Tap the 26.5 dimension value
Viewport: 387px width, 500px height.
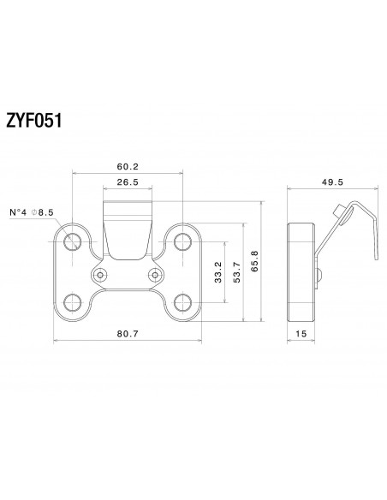128,183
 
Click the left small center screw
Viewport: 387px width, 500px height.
102,275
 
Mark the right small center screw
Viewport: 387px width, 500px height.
155,275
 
